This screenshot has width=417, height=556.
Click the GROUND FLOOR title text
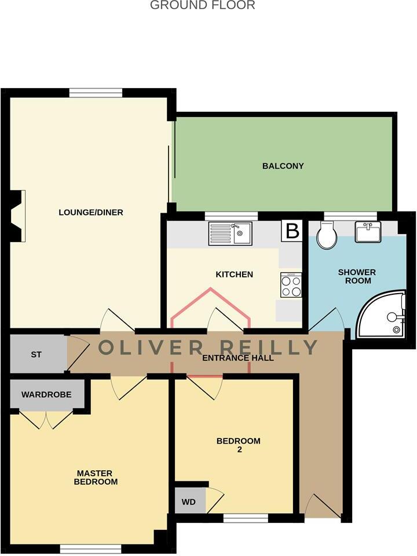(203, 6)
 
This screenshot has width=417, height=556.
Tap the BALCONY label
(283, 166)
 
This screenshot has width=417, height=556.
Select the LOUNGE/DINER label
(91, 213)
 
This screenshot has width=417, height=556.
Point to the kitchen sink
(230, 234)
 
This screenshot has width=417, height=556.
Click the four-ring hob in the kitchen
(291, 285)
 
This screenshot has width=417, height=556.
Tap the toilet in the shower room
(327, 236)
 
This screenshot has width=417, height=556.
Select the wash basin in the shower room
(368, 232)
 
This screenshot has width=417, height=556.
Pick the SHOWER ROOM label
(357, 276)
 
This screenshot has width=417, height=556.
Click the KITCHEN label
(234, 274)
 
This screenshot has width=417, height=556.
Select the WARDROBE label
(46, 394)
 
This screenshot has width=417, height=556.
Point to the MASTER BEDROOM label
(97, 477)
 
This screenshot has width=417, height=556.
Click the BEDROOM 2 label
(238, 445)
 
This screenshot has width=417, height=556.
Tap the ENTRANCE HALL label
(237, 358)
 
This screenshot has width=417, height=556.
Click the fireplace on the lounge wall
(19, 216)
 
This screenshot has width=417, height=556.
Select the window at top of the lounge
(96, 92)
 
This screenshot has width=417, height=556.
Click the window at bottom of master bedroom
(90, 548)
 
